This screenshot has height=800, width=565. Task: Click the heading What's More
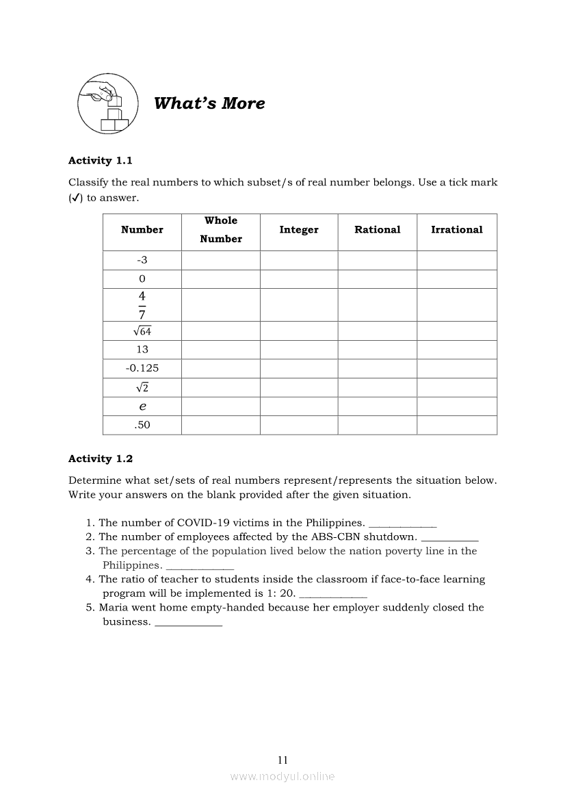tap(209, 103)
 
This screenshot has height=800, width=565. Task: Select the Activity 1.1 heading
tap(101, 160)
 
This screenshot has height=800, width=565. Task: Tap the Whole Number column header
tap(221, 230)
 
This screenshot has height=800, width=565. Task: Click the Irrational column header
tap(456, 230)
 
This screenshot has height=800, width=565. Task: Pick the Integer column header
tap(299, 230)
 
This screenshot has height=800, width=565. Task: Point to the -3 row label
tap(142, 260)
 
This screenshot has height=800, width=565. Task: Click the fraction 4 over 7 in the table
tap(142, 305)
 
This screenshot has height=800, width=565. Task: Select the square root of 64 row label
tap(142, 331)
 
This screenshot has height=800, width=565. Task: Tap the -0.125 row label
tap(142, 368)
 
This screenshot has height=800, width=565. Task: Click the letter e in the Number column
tap(142, 407)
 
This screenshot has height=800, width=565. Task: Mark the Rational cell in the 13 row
tap(377, 350)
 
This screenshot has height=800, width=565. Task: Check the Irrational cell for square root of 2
tap(456, 387)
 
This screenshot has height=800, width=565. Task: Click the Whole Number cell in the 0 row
tap(221, 279)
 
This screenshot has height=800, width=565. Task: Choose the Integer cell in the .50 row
tap(299, 425)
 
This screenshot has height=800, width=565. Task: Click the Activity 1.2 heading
tap(101, 459)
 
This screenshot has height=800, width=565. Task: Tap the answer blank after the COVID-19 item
tap(402, 524)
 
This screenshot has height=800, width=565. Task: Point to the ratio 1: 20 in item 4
tap(280, 593)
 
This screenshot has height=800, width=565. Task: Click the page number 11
tap(282, 760)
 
